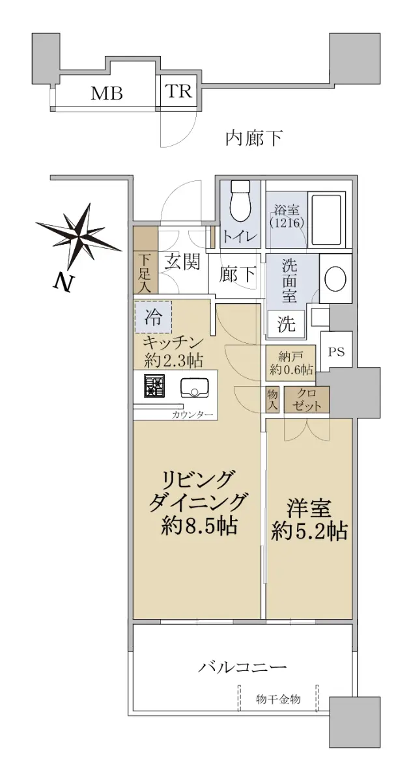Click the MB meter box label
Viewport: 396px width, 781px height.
click(107, 94)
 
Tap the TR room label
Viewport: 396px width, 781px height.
click(178, 91)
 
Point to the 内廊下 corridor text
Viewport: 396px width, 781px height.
click(253, 138)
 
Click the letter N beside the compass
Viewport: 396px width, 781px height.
click(64, 282)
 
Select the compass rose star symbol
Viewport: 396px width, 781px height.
click(79, 236)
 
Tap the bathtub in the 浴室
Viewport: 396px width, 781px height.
click(326, 220)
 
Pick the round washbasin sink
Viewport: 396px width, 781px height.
click(335, 279)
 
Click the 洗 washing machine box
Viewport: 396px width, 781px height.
click(286, 323)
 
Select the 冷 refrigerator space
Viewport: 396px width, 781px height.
click(153, 318)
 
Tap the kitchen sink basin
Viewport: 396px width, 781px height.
click(194, 388)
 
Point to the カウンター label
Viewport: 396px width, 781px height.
click(192, 415)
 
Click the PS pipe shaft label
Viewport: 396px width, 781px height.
click(336, 351)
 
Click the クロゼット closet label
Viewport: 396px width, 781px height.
click(307, 400)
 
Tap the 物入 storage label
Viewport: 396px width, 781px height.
click(272, 400)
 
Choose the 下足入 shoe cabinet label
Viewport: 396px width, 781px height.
click(145, 274)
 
